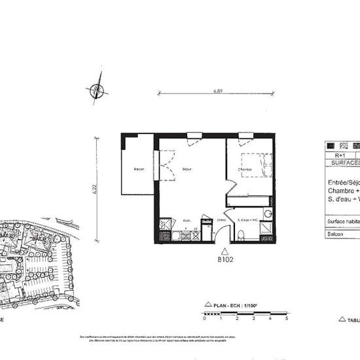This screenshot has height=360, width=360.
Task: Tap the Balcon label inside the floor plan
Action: click(x=139, y=170)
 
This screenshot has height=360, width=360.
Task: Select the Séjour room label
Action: click(x=187, y=170)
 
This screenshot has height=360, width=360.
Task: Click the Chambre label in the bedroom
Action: click(x=245, y=170)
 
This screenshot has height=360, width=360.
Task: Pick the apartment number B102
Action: click(x=226, y=259)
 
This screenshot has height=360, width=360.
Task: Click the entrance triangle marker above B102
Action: click(x=226, y=250)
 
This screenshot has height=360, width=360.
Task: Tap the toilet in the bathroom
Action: click(x=242, y=234)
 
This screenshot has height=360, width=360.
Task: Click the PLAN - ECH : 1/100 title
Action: click(x=233, y=305)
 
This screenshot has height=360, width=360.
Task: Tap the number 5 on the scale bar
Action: click(x=287, y=319)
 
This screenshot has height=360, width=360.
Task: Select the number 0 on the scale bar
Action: click(x=204, y=319)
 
